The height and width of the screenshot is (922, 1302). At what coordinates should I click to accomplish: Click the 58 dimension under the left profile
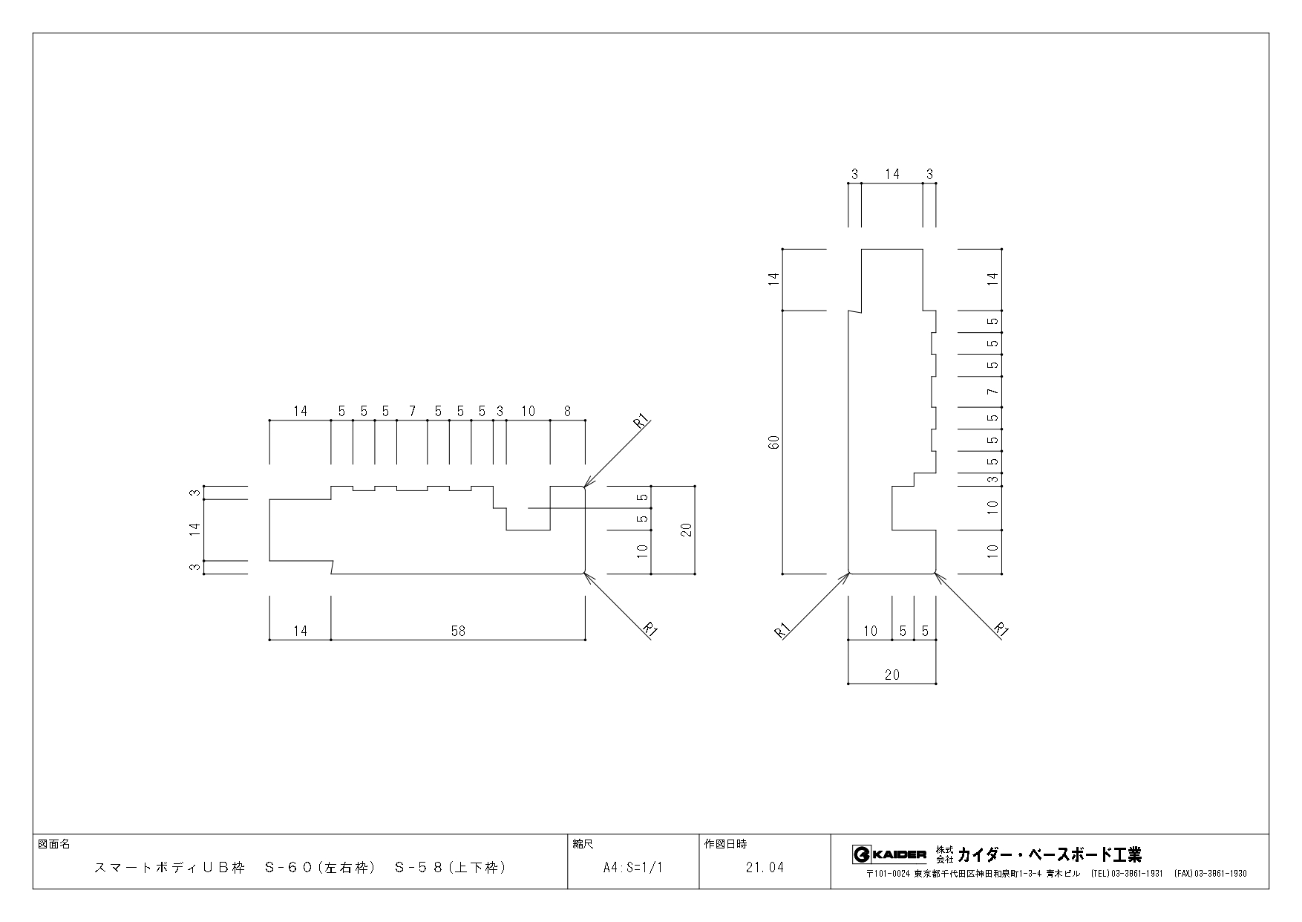pos(458,631)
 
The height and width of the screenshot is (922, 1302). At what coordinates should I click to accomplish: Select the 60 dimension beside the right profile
pos(773,442)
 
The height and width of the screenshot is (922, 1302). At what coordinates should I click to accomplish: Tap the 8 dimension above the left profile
pos(568,411)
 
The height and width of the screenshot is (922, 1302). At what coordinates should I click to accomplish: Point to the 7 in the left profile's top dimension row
pos(412,411)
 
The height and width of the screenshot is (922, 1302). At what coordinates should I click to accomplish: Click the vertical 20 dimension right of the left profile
pos(686,530)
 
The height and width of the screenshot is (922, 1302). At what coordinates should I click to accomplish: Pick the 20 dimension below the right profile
pos(892,675)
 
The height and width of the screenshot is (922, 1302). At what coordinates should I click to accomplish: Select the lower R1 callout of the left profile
pos(650,629)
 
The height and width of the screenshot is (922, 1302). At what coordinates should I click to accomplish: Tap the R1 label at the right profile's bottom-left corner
pos(782,630)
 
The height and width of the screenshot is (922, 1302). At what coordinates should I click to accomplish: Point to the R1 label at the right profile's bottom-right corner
pos(1002,629)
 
